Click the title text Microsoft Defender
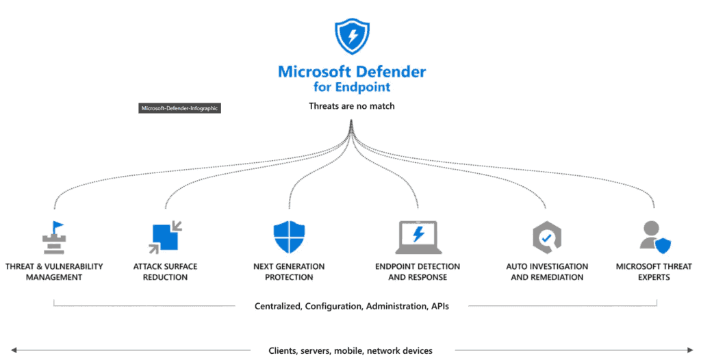(x=351, y=72)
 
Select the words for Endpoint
(x=351, y=87)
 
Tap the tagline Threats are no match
(x=351, y=106)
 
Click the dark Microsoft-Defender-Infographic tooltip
(x=179, y=108)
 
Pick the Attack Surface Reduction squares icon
(x=164, y=237)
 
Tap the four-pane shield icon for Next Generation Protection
(x=288, y=237)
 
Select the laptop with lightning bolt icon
(x=418, y=237)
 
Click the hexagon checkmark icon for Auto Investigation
(x=546, y=237)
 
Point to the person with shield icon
(x=654, y=237)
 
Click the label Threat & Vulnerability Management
(x=53, y=272)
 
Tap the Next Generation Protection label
(x=289, y=272)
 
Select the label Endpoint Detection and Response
(x=418, y=272)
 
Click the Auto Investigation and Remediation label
(x=547, y=272)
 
